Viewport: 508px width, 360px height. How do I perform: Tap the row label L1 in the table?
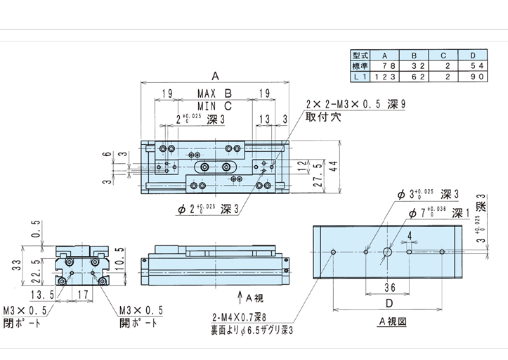[360, 75]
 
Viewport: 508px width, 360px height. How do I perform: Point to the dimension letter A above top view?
[215, 74]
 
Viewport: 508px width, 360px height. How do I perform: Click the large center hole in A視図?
[387, 252]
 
